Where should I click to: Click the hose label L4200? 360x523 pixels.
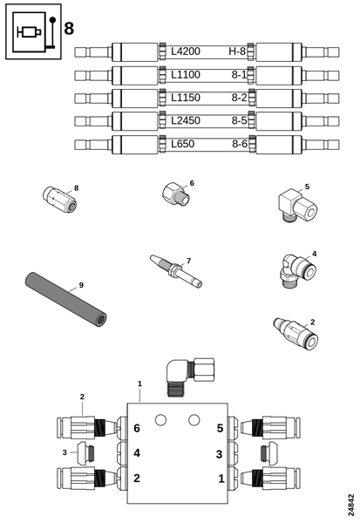(185, 51)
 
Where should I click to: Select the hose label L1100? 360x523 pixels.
(185, 74)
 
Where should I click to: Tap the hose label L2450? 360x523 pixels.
(185, 119)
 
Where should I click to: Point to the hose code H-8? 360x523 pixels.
(236, 51)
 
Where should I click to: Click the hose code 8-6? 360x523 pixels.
(238, 142)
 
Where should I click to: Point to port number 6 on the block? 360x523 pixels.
(137, 428)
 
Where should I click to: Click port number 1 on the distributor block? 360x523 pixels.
(220, 479)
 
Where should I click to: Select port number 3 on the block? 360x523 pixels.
(220, 453)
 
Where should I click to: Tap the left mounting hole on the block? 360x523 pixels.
(160, 421)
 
